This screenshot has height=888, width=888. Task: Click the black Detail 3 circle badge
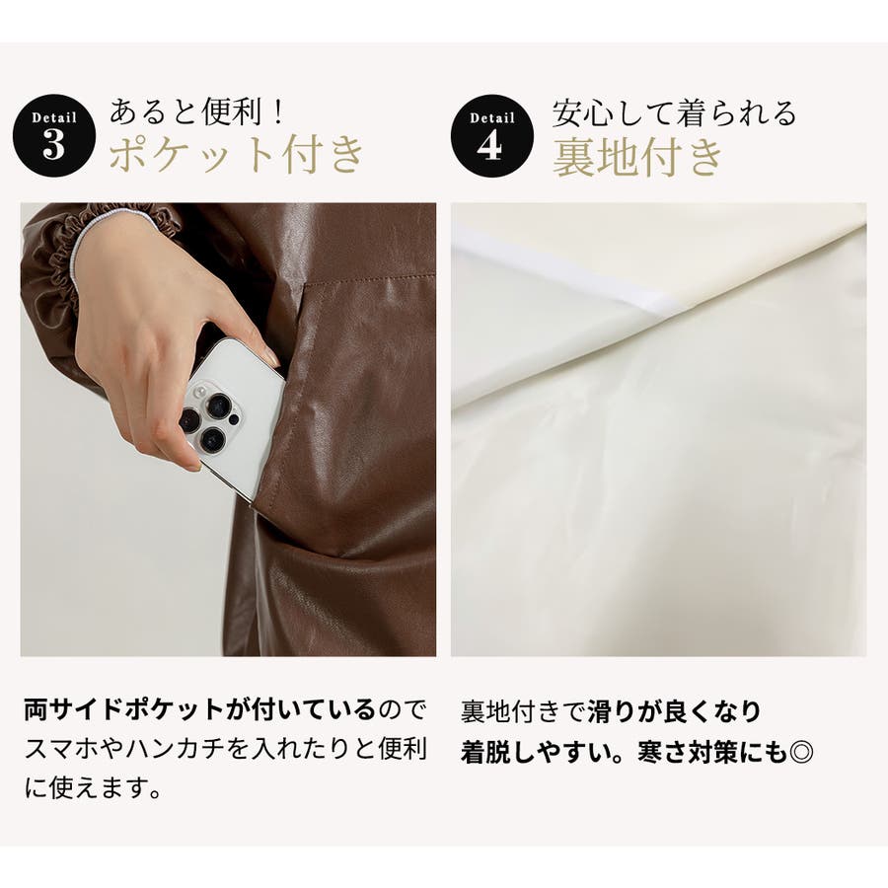pyautogui.click(x=54, y=135)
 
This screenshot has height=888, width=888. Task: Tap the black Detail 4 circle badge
pyautogui.click(x=491, y=135)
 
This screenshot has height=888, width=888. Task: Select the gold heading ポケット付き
pyautogui.click(x=236, y=155)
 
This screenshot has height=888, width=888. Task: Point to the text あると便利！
pyautogui.click(x=196, y=111)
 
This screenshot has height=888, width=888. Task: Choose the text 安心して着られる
pyautogui.click(x=675, y=112)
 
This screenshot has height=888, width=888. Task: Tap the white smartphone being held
pyautogui.click(x=232, y=416)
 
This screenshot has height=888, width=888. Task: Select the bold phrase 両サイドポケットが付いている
pyautogui.click(x=200, y=709)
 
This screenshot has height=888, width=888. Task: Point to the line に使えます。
pyautogui.click(x=94, y=787)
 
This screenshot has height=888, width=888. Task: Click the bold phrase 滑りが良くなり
pyautogui.click(x=674, y=711)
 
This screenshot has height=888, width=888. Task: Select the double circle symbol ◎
pyautogui.click(x=801, y=752)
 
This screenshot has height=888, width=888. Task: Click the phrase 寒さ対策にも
pyautogui.click(x=711, y=752)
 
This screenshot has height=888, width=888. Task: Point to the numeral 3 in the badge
pyautogui.click(x=54, y=145)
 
